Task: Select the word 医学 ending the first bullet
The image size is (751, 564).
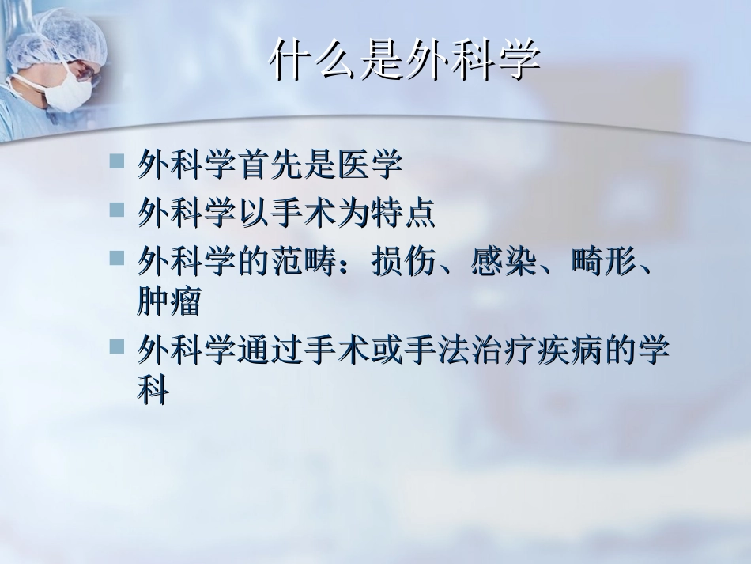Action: [369, 165]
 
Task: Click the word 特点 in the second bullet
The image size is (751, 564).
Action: [402, 212]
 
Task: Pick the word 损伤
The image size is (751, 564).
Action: [402, 259]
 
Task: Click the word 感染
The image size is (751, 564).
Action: [503, 259]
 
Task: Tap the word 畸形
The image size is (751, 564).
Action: [602, 259]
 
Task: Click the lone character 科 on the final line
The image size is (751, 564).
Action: [153, 391]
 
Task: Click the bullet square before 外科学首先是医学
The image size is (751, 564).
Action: [117, 161]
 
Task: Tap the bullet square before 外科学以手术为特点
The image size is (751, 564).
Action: [117, 209]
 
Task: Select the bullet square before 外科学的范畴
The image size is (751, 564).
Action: [117, 256]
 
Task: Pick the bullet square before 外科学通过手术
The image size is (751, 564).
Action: [117, 346]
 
